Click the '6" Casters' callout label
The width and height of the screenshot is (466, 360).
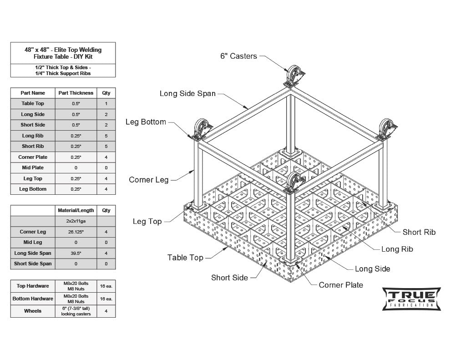(238, 56)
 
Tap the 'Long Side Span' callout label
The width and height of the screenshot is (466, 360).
(187, 94)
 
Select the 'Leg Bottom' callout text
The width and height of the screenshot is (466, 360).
(146, 122)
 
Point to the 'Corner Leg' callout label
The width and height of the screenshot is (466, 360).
(148, 180)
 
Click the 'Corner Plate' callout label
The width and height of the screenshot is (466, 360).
(341, 285)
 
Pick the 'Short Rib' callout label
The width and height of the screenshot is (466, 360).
(419, 232)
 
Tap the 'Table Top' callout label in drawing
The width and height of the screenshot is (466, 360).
(185, 258)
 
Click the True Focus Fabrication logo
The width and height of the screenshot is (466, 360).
(411, 299)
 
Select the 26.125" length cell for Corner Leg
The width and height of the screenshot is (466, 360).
(76, 232)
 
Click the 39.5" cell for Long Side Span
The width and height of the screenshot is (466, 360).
(76, 253)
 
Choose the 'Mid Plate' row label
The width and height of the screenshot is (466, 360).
(33, 167)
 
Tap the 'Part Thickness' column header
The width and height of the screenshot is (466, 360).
(76, 93)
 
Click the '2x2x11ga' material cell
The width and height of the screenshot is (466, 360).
(76, 221)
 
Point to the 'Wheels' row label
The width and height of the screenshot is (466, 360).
(33, 311)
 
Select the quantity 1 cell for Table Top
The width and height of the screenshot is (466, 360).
(106, 104)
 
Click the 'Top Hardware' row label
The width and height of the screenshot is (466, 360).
(33, 286)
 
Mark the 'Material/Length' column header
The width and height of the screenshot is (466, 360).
(76, 210)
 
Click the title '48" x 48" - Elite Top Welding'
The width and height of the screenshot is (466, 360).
(63, 50)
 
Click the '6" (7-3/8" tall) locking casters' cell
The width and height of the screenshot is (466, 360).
(76, 311)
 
